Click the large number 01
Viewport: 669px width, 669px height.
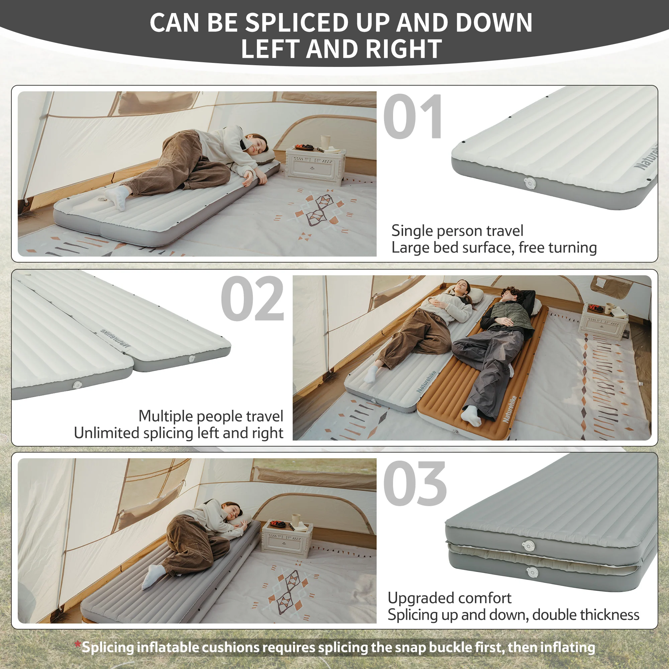(x=413, y=117)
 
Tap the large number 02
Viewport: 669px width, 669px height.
(x=253, y=298)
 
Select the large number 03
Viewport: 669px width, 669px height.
(x=414, y=483)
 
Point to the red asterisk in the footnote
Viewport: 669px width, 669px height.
(x=78, y=645)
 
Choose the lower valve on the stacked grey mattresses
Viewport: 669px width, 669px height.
(x=532, y=572)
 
